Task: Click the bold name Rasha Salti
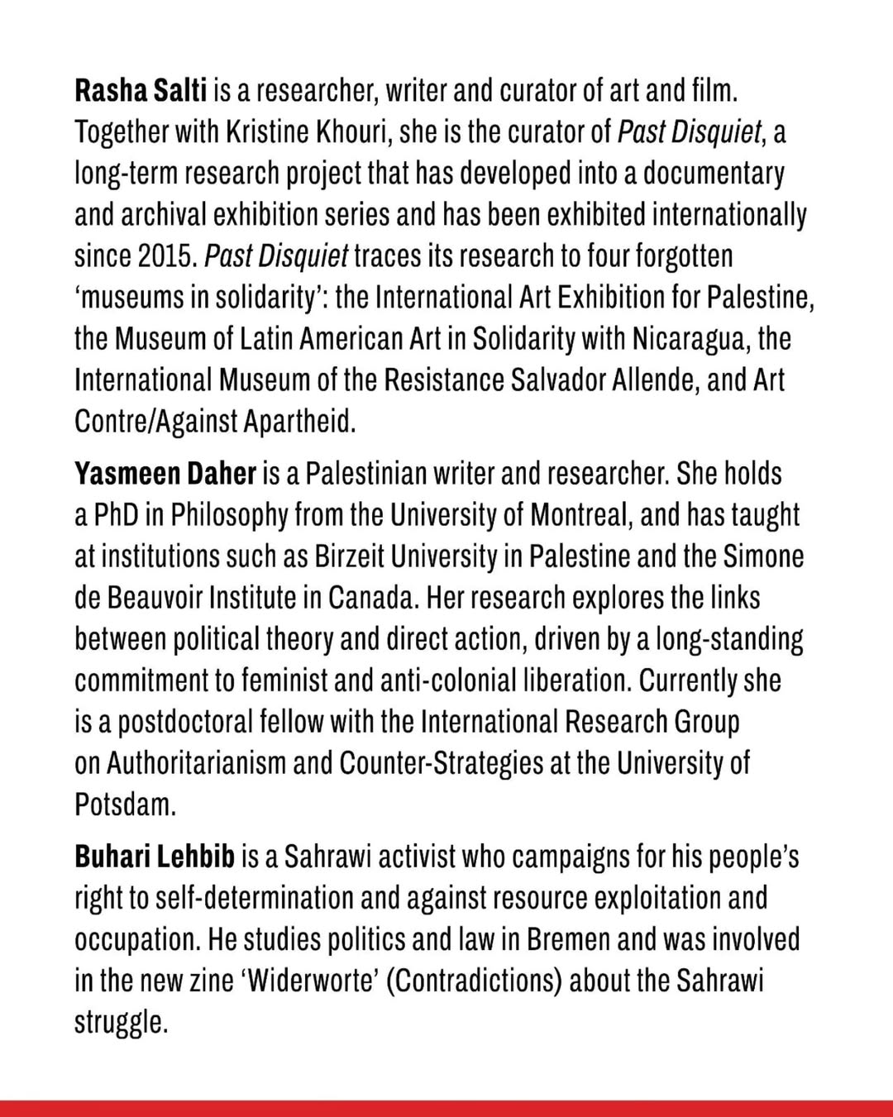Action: pyautogui.click(x=140, y=90)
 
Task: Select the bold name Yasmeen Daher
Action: pyautogui.click(x=165, y=474)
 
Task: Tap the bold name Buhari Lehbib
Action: pyautogui.click(x=155, y=857)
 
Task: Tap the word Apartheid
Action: pyautogui.click(x=299, y=422)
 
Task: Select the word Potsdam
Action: pyautogui.click(x=125, y=804)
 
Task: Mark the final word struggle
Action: pyautogui.click(x=121, y=1024)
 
